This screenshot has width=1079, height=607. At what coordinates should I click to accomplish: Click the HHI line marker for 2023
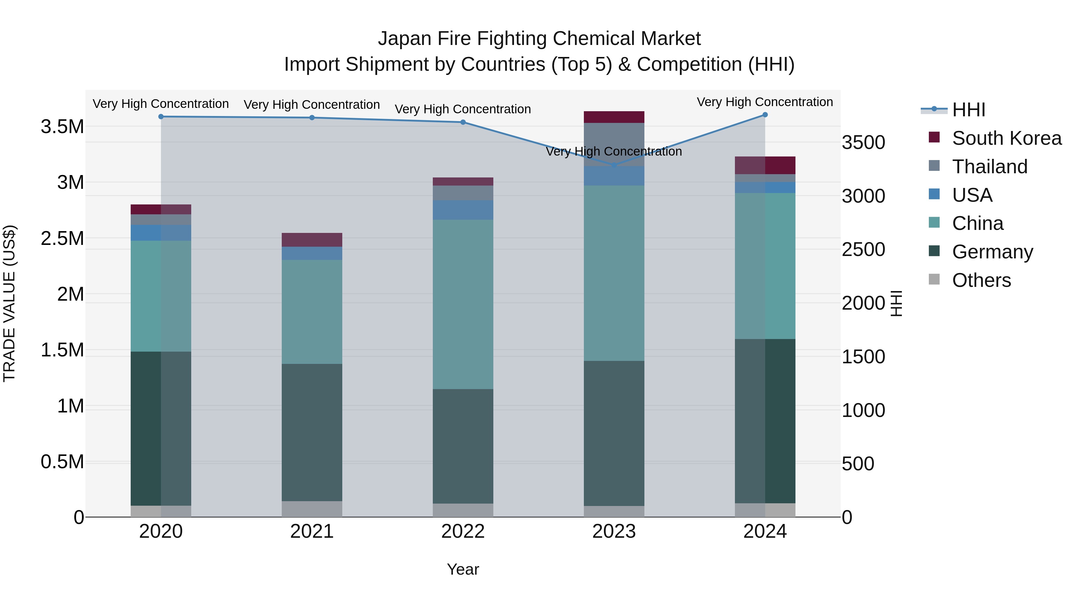click(614, 165)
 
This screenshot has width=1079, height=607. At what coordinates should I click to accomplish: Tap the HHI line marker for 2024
click(765, 115)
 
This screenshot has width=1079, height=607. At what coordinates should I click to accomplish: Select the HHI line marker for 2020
click(161, 117)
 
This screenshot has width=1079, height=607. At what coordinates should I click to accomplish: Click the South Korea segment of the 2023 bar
click(614, 117)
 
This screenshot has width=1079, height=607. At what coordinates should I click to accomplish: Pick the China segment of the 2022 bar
click(463, 304)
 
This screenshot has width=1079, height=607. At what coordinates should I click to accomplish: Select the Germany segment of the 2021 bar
click(312, 432)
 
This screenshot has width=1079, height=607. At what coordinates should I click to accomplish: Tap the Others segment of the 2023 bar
click(614, 511)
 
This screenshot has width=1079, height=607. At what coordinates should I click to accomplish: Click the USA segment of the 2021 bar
click(312, 253)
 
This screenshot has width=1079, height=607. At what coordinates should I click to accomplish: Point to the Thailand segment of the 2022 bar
click(463, 193)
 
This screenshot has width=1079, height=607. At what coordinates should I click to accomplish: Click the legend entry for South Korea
click(1006, 138)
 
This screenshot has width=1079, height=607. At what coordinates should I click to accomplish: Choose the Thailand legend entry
click(989, 167)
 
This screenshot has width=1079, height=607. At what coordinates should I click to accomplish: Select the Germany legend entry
click(992, 252)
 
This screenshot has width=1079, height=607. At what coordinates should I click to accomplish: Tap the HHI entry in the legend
click(968, 110)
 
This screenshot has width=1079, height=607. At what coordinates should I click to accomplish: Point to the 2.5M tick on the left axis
click(62, 238)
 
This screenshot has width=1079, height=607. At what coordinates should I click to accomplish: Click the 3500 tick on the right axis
click(863, 142)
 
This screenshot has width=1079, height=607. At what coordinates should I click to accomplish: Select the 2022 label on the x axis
click(463, 531)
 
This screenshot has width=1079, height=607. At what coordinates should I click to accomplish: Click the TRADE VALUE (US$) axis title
click(9, 303)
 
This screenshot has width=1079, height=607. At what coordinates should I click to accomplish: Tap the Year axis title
click(463, 569)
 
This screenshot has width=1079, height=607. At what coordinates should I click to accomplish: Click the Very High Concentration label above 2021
click(312, 105)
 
